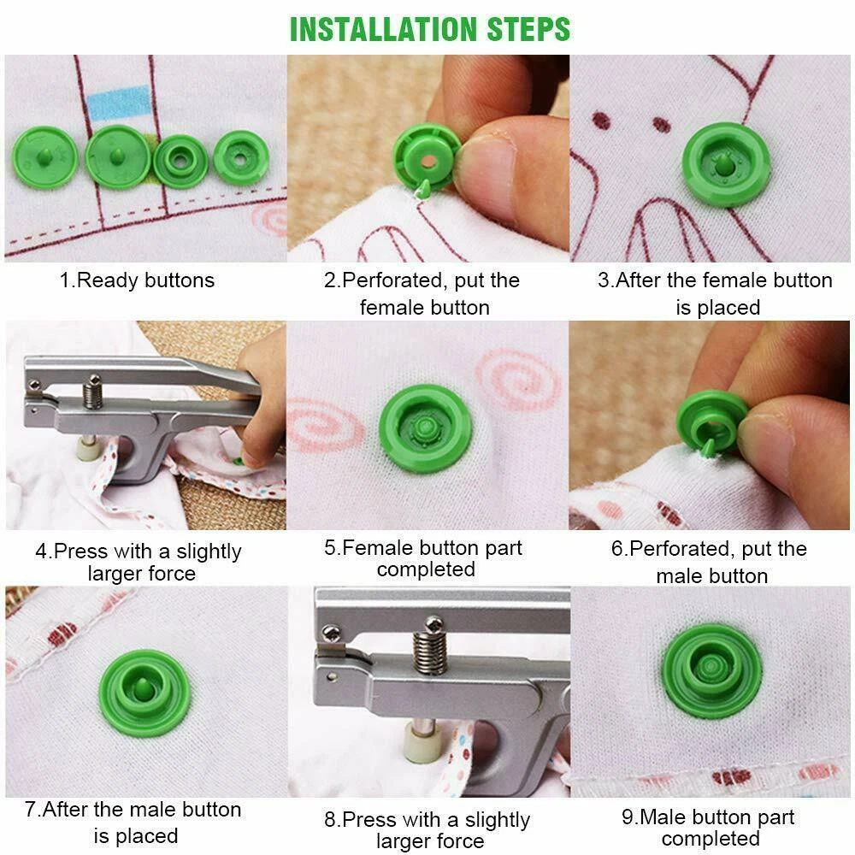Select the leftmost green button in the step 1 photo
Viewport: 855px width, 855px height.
pyautogui.click(x=45, y=157)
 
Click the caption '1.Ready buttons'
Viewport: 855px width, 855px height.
pyautogui.click(x=137, y=280)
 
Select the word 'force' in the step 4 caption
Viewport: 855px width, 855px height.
pyautogui.click(x=168, y=574)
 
